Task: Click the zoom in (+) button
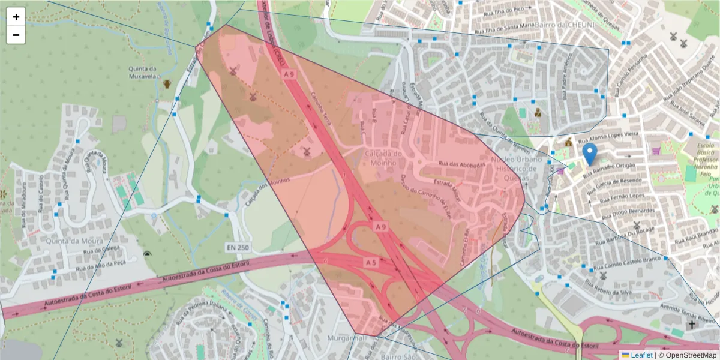point(16,17)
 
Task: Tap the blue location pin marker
point(590,154)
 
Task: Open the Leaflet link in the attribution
point(641,355)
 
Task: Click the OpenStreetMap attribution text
point(687,355)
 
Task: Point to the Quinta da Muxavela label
point(143,72)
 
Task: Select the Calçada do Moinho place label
point(380,158)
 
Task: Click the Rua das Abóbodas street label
point(461,164)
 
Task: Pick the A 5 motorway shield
point(370,262)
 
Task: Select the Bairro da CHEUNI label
point(567,25)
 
